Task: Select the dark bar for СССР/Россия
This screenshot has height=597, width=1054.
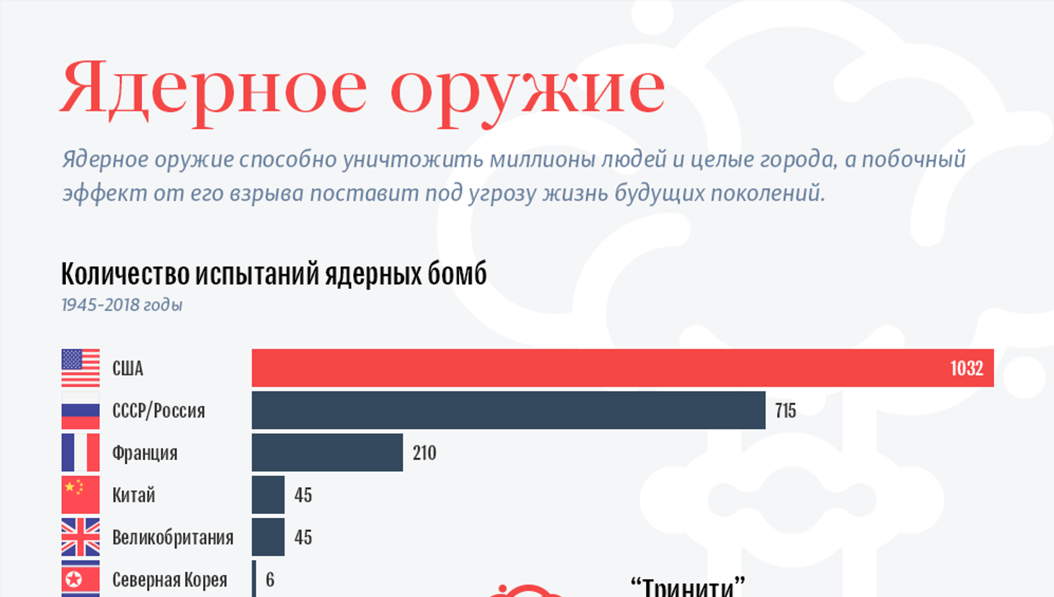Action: point(508,410)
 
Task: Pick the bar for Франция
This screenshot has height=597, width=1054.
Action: point(327,452)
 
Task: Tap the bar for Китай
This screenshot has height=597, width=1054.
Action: point(268,494)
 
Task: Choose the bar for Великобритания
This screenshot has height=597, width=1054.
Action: point(268,536)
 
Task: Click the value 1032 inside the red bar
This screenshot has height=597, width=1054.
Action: point(967,368)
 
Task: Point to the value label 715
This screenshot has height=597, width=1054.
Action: point(785,410)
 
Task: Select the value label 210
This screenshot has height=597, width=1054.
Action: point(424,453)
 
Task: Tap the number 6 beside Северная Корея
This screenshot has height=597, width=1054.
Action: point(270,579)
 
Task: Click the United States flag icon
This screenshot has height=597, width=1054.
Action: point(80,368)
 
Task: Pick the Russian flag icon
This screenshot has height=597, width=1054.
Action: point(80,410)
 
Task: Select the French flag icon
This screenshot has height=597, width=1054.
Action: point(80,452)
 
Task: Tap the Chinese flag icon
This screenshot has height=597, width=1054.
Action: point(80,494)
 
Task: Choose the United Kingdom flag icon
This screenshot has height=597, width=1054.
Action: point(80,536)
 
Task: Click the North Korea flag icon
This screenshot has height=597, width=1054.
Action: point(80,579)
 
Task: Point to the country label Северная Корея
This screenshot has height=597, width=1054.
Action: point(169,579)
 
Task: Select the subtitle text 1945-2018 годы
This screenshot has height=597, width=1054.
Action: point(122,305)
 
